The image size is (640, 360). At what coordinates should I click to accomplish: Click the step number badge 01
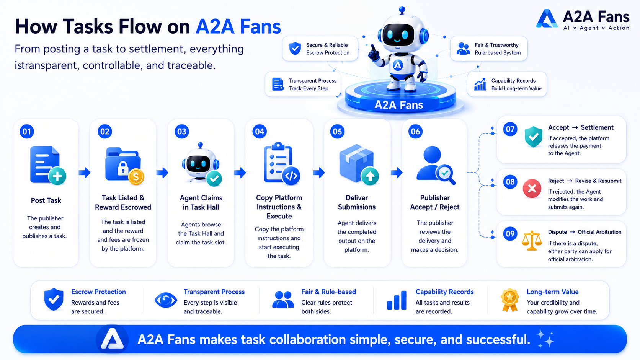27,131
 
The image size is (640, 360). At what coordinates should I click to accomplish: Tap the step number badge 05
337,131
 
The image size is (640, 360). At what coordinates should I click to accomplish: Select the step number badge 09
510,233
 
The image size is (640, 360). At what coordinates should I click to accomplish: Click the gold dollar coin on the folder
136,176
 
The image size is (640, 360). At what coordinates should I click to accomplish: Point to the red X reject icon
532,189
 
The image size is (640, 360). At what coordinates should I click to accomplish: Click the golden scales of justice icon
531,240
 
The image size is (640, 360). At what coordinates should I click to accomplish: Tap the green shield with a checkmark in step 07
533,137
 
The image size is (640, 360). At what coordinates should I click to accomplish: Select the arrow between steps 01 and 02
85,173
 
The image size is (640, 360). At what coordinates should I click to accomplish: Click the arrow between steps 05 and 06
397,173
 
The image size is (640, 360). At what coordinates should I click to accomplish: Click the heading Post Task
46,200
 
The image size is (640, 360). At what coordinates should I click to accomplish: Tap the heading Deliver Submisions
357,202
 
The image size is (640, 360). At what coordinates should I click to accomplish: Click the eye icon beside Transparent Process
166,300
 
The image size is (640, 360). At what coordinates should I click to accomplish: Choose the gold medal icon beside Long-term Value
510,300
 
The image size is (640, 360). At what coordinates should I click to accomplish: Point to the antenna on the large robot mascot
402,10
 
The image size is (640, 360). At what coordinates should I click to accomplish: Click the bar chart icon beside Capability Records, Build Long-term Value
480,85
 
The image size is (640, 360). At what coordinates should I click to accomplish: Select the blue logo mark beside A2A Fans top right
547,19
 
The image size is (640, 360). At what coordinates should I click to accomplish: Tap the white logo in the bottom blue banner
112,339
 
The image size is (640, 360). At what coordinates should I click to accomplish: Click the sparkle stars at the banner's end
545,339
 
